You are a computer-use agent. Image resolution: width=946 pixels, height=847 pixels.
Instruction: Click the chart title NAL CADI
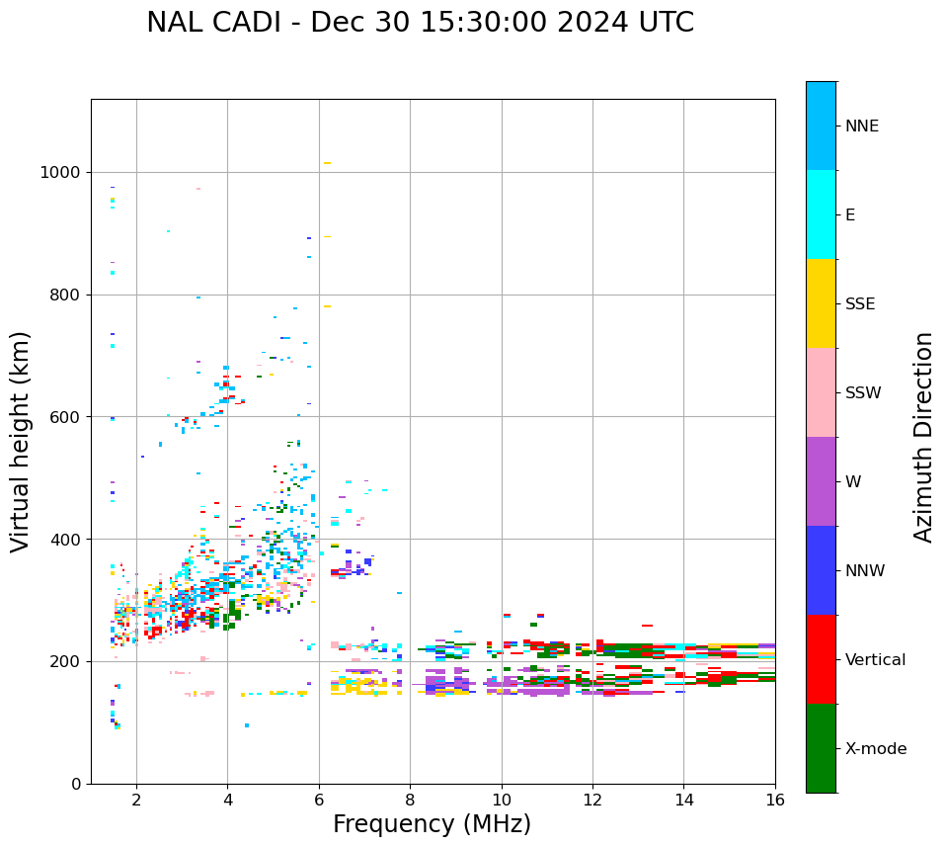(x=420, y=23)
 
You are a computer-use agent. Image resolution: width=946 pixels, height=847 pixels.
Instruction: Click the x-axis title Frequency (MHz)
(x=432, y=824)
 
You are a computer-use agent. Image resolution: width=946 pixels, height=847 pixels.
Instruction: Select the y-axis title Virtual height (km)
(x=21, y=441)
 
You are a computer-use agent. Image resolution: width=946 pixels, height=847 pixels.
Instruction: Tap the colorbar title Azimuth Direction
(x=923, y=436)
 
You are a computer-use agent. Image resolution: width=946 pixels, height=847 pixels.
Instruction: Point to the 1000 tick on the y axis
(x=65, y=173)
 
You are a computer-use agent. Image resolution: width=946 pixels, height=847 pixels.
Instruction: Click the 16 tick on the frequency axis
(x=775, y=799)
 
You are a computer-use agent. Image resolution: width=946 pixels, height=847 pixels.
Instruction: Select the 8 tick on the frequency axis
(x=410, y=799)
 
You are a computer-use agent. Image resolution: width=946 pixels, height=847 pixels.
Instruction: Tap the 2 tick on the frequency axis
(x=136, y=799)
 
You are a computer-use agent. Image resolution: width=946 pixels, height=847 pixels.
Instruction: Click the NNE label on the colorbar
(x=861, y=127)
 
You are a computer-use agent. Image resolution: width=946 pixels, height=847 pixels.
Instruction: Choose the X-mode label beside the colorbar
(x=875, y=749)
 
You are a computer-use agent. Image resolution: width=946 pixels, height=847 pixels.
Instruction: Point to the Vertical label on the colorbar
(x=875, y=660)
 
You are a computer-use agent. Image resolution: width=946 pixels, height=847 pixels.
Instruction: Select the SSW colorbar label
(x=863, y=393)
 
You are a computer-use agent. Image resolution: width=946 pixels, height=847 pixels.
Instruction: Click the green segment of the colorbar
(x=821, y=748)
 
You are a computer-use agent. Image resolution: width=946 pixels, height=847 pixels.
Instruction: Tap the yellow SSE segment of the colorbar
(x=821, y=303)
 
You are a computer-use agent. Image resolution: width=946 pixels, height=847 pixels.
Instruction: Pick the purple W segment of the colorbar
(x=821, y=481)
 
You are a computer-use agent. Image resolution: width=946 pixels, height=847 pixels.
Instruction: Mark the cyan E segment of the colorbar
(x=821, y=214)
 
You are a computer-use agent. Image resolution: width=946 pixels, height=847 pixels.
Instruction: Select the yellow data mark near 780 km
(x=327, y=306)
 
